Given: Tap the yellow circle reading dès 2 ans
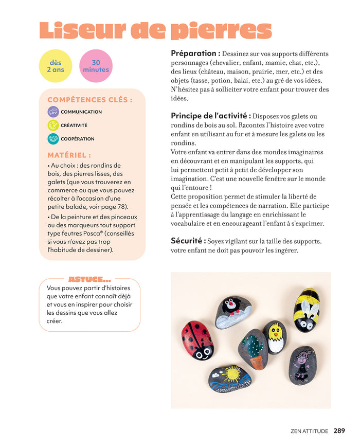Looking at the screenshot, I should click(x=56, y=66).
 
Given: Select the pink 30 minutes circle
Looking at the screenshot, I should click(x=96, y=66).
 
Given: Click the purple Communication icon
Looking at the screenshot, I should click(x=53, y=112).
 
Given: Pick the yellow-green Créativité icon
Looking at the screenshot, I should click(x=53, y=125).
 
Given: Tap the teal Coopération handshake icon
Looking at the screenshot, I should click(x=53, y=139).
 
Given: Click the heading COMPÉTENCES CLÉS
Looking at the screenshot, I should click(x=89, y=100).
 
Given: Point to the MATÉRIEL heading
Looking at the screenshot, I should click(x=69, y=154).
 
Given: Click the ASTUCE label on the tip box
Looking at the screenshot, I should click(x=89, y=279).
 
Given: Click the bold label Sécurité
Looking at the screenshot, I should click(x=188, y=241).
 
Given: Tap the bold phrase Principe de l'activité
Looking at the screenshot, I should click(x=211, y=116).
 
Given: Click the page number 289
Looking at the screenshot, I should click(x=339, y=431).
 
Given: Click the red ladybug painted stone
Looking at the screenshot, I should click(x=197, y=340).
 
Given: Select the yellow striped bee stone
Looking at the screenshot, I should click(x=306, y=310).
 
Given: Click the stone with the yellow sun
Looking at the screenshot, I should click(x=230, y=378).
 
